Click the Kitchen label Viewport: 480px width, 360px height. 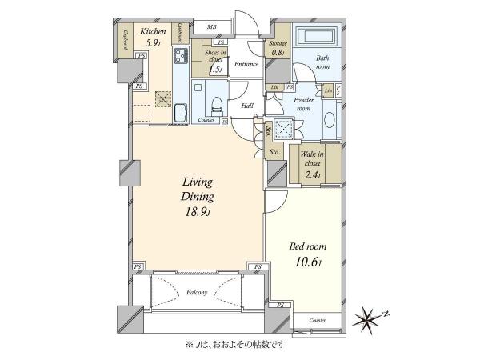coord(154,32)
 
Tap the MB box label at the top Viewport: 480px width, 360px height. coord(211,27)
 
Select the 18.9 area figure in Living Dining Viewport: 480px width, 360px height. coord(197,212)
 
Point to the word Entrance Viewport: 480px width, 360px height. coord(246,64)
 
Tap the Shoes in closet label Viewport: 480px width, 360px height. coord(214,60)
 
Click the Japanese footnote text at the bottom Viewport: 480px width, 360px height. coord(239,346)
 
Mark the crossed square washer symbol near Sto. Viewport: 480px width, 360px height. coord(283,129)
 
